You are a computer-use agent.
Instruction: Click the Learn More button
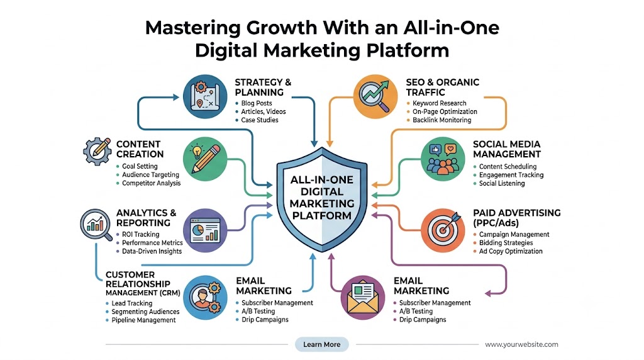(x=321, y=344)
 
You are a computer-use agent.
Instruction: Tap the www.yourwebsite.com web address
(x=521, y=344)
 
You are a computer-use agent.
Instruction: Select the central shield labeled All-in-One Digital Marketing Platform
(x=322, y=200)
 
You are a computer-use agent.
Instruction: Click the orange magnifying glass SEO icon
(x=375, y=96)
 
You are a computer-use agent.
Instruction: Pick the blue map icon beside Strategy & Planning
(x=205, y=96)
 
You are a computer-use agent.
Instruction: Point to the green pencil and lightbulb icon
(x=205, y=159)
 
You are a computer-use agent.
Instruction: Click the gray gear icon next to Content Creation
(x=97, y=151)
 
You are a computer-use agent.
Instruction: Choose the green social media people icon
(x=443, y=159)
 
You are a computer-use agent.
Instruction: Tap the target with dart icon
(x=443, y=230)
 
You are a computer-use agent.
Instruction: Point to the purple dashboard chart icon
(x=205, y=230)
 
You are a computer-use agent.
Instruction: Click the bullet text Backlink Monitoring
(x=441, y=120)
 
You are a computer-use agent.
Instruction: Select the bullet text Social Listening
(x=502, y=183)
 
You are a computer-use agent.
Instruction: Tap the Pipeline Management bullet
(x=143, y=320)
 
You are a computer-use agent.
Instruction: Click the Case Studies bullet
(x=260, y=120)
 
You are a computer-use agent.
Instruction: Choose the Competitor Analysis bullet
(x=151, y=183)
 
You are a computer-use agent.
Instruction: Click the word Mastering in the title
(x=193, y=28)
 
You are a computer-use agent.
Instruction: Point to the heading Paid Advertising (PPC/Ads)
(x=517, y=218)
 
